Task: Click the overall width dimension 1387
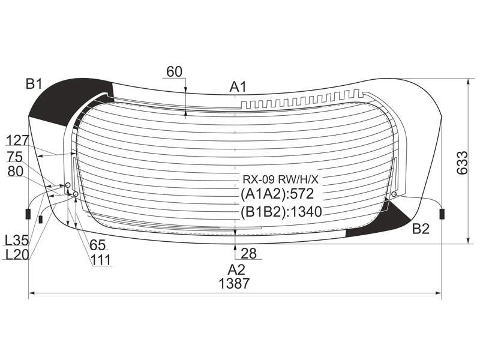point(234,283)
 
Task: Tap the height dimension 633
point(462,163)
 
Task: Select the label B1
point(34,83)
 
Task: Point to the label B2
point(421,229)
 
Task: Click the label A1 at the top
point(238,87)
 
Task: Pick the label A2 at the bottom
point(236,269)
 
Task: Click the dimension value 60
point(174,71)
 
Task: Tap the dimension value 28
point(248,253)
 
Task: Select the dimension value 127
point(17,140)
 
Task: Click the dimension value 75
point(15,157)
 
